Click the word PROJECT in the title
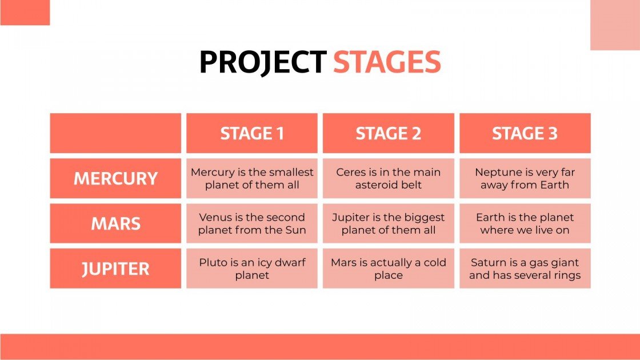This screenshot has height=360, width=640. pos(262,62)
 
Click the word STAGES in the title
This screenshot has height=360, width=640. pos(387,62)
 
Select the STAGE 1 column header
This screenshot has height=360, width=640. pos(252,133)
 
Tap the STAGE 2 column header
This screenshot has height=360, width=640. pos(388,133)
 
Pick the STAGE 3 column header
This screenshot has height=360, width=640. pos(525,133)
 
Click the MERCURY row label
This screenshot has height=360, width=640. pos(115,178)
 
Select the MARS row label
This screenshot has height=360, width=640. pos(115,223)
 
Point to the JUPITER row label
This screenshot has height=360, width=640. pos(115,269)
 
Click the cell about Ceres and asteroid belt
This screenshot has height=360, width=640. pos(388,178)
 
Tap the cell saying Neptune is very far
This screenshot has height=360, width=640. pos(525,178)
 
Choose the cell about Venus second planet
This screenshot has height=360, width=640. pos(252,223)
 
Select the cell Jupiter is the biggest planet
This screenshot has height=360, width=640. pos(388,223)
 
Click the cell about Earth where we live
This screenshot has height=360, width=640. pos(525,223)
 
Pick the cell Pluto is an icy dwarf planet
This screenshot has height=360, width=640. pos(252,269)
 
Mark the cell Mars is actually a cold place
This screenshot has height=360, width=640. pos(388,269)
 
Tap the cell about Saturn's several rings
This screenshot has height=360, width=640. pos(525,269)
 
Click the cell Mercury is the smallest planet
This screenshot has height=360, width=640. pos(252,178)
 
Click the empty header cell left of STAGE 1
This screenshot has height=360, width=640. pos(115,133)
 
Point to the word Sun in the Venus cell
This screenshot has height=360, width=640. pos(296,230)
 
